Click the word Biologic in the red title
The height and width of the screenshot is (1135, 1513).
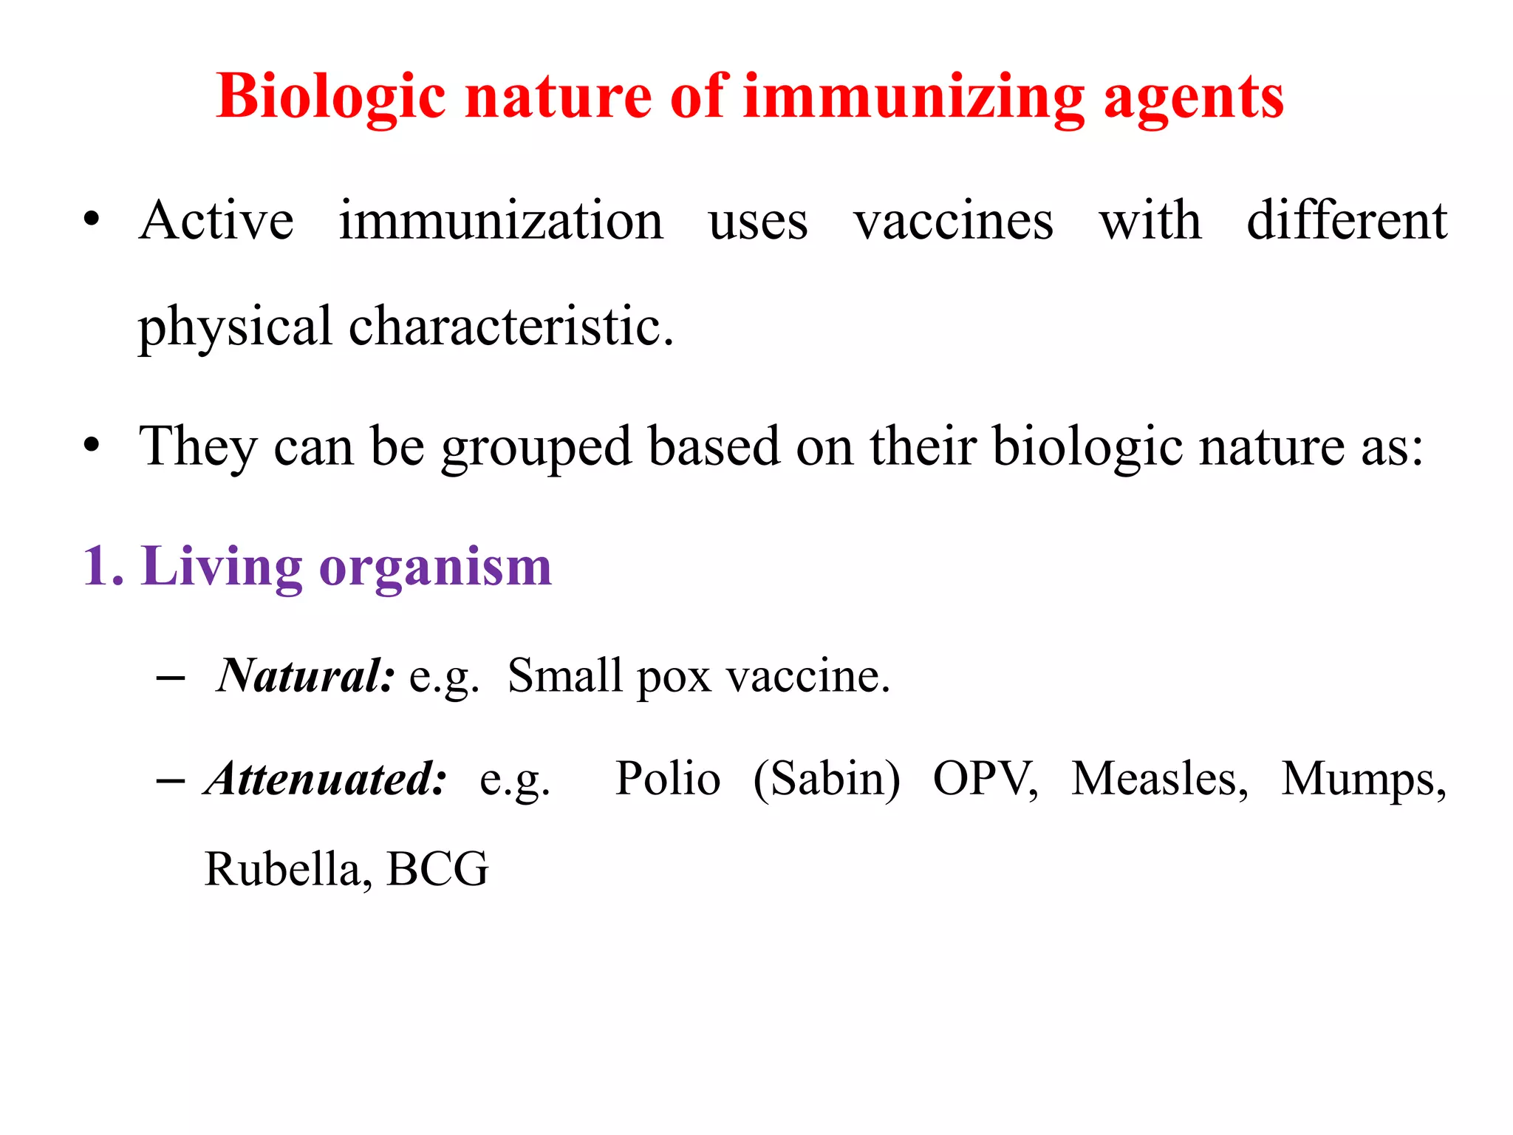[331, 98]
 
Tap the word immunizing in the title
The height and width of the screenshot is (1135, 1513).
[913, 98]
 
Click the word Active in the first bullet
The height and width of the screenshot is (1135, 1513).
[216, 220]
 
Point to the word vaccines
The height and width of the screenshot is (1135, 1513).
[953, 220]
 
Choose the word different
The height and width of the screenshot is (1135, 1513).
[1346, 220]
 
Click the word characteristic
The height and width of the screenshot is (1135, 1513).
[510, 326]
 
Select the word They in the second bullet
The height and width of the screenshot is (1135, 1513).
[198, 446]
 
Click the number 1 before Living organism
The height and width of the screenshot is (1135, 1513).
[96, 566]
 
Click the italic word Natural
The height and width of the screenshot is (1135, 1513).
[305, 675]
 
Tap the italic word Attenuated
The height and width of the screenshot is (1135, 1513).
[326, 778]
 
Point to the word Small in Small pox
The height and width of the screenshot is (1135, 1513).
[564, 675]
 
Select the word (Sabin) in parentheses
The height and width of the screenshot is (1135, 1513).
[827, 780]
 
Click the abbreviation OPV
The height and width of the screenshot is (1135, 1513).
[985, 778]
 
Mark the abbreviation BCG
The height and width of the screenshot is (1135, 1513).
[437, 869]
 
